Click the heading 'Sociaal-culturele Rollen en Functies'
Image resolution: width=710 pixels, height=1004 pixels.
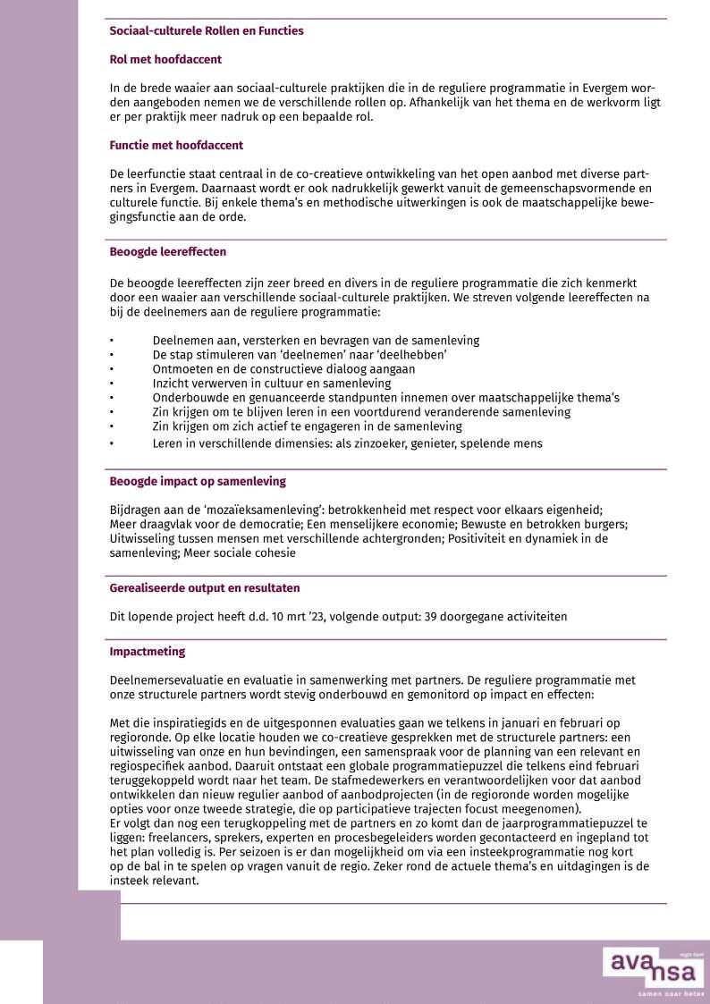pos(207,31)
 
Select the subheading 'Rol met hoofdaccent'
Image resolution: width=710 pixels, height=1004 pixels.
pos(165,60)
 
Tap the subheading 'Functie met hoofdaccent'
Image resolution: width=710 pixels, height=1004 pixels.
pos(176,145)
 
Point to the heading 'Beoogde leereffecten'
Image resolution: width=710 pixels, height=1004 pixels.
pos(167,252)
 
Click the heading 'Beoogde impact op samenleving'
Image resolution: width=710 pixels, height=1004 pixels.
pos(198,482)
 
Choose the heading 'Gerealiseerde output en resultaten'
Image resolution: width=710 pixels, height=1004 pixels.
pos(205,588)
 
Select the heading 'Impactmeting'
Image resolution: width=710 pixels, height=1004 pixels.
pos(148,652)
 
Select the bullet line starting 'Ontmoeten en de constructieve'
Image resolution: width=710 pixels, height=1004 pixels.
pos(283,369)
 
